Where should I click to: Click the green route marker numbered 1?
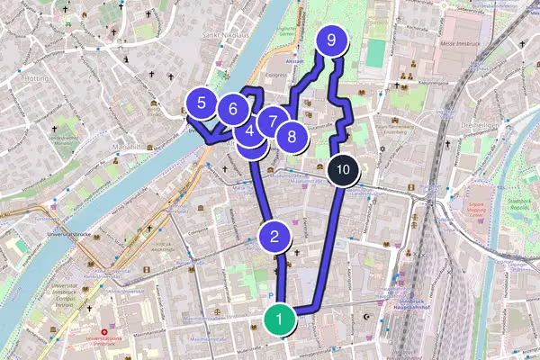280,319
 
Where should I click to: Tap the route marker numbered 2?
274,238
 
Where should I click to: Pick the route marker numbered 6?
233,110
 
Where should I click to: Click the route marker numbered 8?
292,139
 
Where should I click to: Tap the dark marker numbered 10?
341,168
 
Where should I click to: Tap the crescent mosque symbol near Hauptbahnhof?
366,318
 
